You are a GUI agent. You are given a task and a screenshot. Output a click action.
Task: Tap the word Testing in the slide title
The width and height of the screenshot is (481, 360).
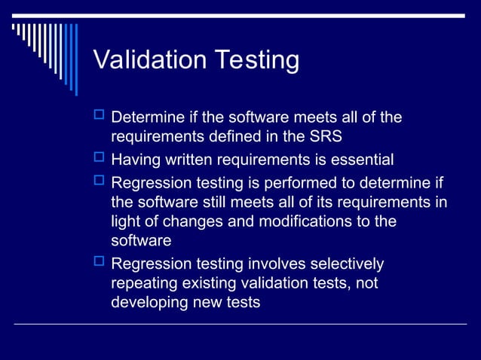pyautogui.click(x=255, y=60)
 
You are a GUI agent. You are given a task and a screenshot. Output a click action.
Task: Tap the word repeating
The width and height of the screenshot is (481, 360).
pyautogui.click(x=142, y=285)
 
